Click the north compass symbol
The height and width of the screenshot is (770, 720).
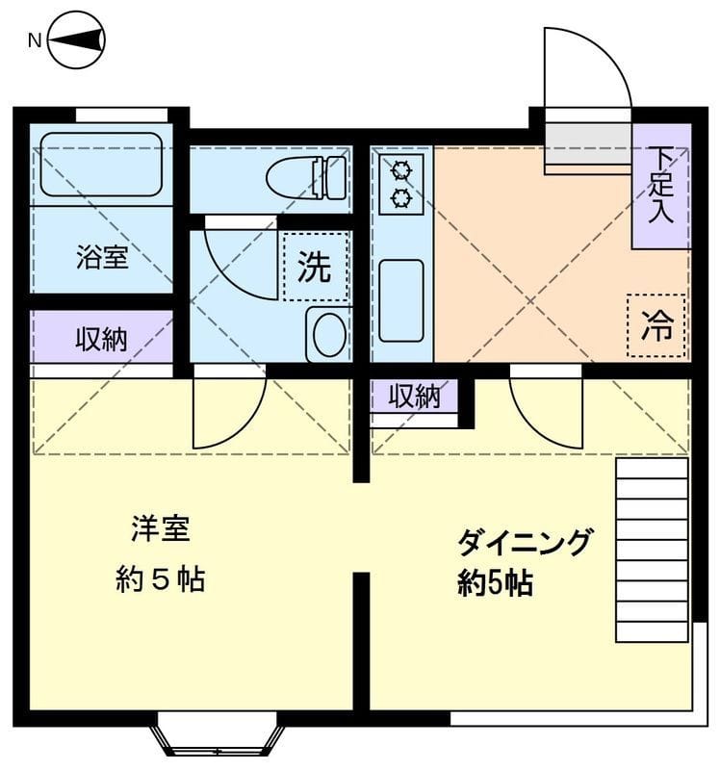tap(76, 40)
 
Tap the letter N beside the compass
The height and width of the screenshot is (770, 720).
tap(34, 40)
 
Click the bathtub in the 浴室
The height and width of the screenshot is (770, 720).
tap(100, 165)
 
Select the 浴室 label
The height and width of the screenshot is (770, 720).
tap(102, 258)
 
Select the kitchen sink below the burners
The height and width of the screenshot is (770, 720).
tap(401, 299)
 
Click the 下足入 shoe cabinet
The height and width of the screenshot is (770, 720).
tap(661, 186)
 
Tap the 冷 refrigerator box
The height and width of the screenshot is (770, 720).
tap(657, 325)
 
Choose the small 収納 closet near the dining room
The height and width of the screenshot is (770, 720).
tap(415, 397)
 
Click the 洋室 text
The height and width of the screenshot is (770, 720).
tap(160, 529)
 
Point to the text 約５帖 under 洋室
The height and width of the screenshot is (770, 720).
tap(160, 579)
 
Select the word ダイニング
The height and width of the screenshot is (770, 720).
tap(523, 544)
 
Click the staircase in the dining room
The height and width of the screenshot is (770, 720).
tap(652, 549)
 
